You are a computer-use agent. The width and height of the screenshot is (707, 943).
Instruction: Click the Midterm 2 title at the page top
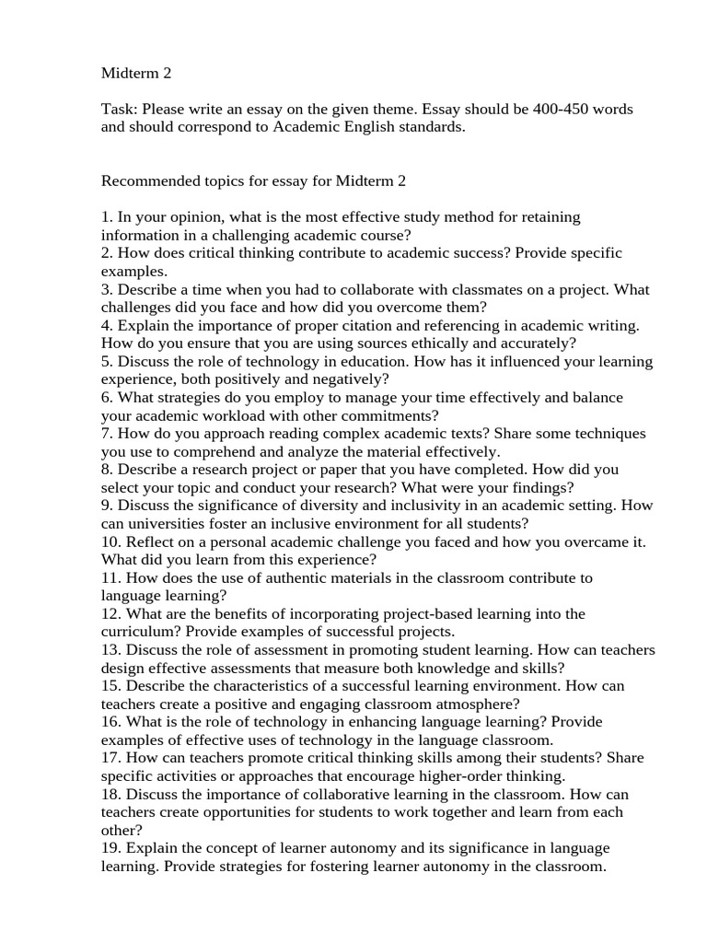(x=136, y=73)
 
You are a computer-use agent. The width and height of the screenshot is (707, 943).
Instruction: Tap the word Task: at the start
(x=119, y=110)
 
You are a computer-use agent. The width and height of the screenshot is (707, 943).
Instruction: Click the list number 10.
(x=110, y=541)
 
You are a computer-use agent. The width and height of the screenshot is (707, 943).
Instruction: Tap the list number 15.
(x=110, y=686)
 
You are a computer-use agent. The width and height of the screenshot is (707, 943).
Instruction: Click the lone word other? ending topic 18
(x=120, y=829)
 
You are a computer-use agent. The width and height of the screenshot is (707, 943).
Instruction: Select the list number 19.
(x=110, y=847)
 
